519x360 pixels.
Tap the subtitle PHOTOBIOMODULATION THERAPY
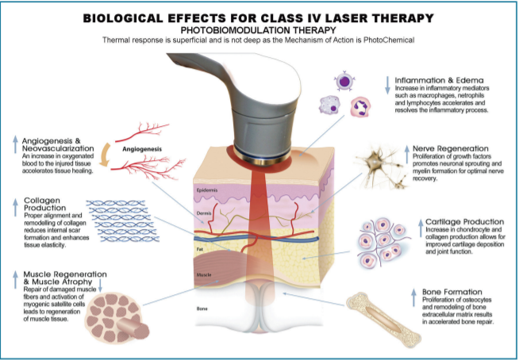(x=259, y=29)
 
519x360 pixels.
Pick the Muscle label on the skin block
(x=204, y=274)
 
